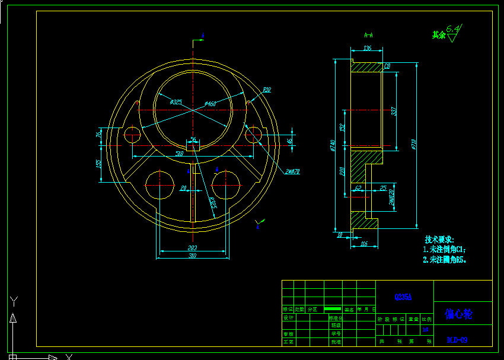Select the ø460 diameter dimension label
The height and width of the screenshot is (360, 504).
(210, 104)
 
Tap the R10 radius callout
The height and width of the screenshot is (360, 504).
(266, 90)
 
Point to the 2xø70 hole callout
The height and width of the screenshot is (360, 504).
(292, 171)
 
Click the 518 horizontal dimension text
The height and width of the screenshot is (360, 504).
(179, 154)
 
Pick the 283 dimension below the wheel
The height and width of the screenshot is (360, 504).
(192, 248)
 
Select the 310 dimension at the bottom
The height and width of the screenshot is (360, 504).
(192, 256)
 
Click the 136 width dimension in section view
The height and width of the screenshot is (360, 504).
(367, 48)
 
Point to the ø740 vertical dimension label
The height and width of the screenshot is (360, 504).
(333, 145)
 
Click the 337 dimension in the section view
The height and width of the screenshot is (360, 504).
(394, 111)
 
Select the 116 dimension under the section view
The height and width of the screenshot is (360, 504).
(363, 244)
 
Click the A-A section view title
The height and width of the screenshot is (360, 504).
(368, 34)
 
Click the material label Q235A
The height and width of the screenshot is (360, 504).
(403, 297)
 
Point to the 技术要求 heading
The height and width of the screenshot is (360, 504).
(439, 239)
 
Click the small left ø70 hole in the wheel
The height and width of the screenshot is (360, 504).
(131, 135)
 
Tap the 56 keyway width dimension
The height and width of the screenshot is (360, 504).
(193, 140)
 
